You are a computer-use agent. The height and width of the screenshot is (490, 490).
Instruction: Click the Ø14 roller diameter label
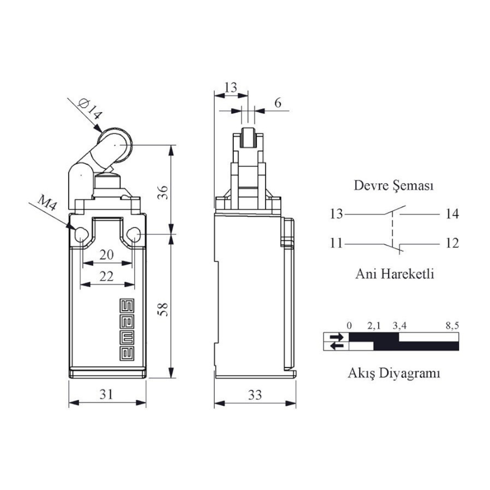tap(90, 109)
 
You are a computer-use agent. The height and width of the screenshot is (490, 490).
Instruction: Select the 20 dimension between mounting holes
tap(106, 255)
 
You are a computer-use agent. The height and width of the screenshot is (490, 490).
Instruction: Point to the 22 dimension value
tap(106, 276)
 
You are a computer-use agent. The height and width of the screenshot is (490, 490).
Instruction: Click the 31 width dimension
tap(106, 394)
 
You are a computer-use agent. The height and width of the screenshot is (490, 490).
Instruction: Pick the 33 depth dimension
tap(255, 395)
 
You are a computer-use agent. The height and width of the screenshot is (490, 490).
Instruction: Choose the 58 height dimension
tap(163, 309)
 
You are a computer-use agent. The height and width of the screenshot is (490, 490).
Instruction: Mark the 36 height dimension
tap(163, 192)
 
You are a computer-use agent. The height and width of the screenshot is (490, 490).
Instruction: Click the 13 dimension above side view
tap(231, 88)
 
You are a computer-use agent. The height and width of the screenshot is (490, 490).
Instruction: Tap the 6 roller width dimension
tap(278, 103)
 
